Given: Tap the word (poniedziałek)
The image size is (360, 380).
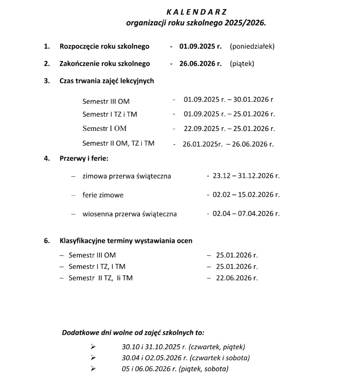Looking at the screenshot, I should coord(252,46).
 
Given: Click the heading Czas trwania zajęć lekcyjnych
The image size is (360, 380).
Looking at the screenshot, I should coord(107,81).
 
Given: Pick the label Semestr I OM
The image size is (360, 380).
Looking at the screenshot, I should coord(105,128).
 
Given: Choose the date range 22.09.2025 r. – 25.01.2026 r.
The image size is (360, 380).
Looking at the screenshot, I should coord(229,129).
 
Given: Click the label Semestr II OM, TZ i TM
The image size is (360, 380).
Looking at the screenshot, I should coord(118,143).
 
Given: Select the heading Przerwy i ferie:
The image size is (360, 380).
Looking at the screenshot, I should coord(84,158).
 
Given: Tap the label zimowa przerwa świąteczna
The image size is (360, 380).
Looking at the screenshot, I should coord(126,176).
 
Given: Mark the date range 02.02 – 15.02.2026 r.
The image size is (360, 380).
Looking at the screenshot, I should coord(246,195).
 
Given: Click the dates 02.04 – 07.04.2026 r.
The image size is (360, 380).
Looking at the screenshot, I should coord(246,213).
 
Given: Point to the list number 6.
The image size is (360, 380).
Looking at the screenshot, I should coord(47,240).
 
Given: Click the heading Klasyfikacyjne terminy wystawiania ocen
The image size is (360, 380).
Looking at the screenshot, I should coord(126,240).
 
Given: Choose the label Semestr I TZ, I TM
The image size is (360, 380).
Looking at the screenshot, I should coord(97,267).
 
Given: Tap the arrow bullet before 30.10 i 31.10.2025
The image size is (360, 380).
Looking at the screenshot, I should coord(93,347).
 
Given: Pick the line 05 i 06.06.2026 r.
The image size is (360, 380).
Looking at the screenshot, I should coord(175,368).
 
